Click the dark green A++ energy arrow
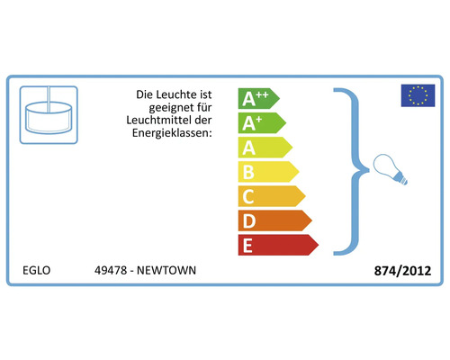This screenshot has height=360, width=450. tap(258, 98)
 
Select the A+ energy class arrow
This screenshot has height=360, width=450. tap(262, 122)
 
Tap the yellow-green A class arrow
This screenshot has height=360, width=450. tap(265, 148)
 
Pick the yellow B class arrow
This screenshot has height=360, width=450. tap(268, 172)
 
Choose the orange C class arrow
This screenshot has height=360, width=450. tap(272, 196)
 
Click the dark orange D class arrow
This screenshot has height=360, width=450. tap(275, 220)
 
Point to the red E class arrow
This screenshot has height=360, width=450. tap(278, 245)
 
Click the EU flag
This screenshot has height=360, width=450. tap(418, 95)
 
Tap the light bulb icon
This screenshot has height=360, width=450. tap(390, 169)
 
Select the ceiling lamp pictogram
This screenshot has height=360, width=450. tap(49, 115)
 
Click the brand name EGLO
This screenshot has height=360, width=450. tap(36, 270)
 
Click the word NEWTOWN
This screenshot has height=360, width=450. tap(166, 270)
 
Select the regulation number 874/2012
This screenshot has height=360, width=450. tap(402, 271)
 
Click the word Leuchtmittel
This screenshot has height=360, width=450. tap(160, 120)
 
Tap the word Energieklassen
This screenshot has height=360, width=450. tap(172, 133)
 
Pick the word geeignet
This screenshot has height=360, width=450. tap(171, 107)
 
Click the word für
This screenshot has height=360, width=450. tap(204, 107)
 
